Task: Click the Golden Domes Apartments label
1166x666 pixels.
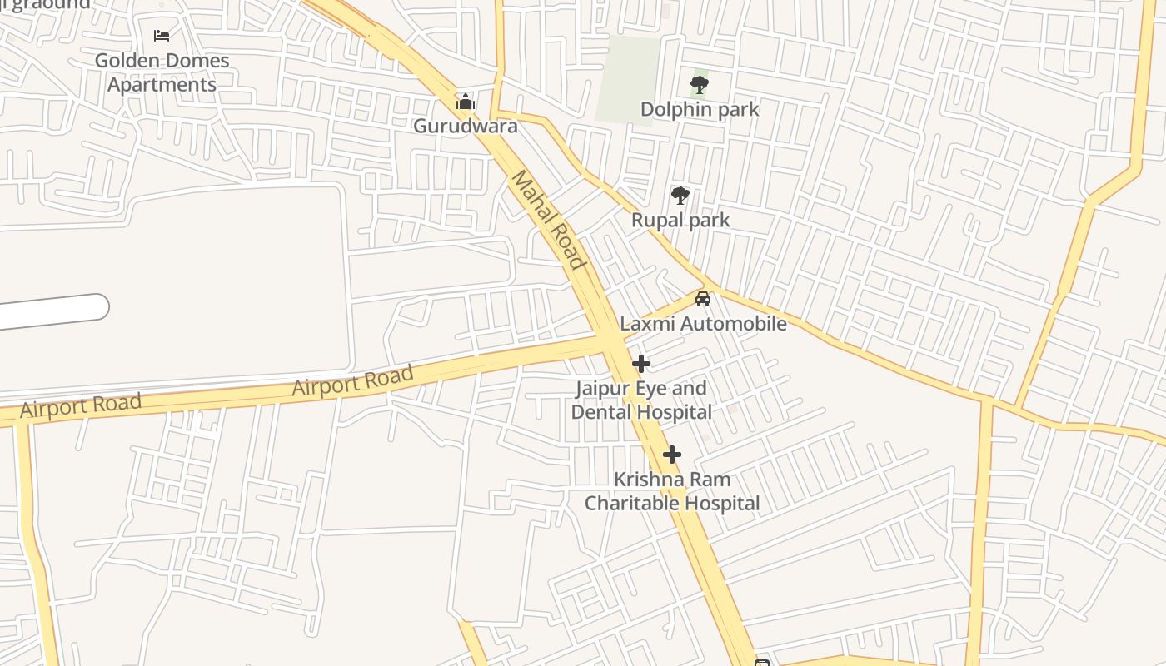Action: [162, 72]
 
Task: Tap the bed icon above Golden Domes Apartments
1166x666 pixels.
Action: [162, 35]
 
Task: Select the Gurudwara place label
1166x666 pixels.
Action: [466, 126]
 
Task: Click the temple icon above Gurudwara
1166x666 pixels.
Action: [466, 102]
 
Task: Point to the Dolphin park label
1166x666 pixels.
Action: [700, 109]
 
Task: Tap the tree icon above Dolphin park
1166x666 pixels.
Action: [700, 84]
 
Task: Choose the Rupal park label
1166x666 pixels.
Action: [680, 220]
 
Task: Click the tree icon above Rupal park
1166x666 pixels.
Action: [680, 196]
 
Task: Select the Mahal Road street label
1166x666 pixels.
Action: [548, 220]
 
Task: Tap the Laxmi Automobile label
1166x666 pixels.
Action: [703, 323]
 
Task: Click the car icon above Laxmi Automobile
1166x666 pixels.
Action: [703, 299]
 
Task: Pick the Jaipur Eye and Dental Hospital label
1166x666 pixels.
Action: [641, 400]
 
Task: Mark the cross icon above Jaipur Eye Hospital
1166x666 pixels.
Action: [641, 364]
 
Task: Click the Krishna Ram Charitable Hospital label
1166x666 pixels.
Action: [672, 491]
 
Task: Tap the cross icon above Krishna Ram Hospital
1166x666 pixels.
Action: [672, 455]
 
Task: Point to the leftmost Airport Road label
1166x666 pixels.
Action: [80, 405]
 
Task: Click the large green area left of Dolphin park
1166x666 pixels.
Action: [627, 79]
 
